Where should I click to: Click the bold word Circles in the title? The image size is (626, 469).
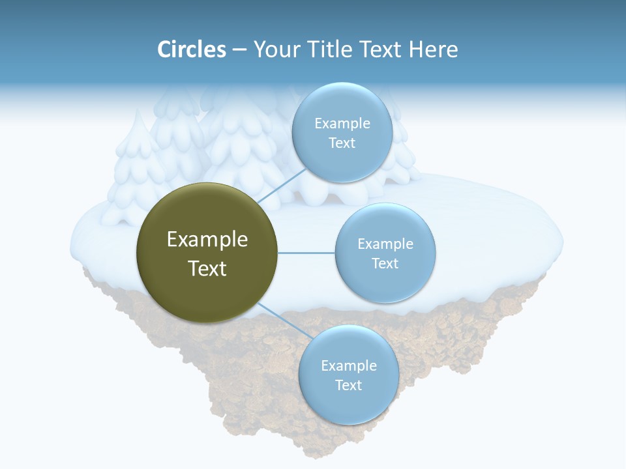(192, 50)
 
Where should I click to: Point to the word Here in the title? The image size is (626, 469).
(433, 50)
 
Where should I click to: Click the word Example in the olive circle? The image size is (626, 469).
(207, 240)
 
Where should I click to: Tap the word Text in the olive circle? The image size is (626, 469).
(207, 268)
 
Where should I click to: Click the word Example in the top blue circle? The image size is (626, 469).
(342, 124)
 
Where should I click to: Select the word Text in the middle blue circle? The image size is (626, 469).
(385, 264)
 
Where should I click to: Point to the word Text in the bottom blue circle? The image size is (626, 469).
(348, 386)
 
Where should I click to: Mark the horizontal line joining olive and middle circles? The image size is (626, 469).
(306, 253)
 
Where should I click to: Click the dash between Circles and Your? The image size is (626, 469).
(239, 50)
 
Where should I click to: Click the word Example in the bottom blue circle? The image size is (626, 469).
(348, 366)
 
